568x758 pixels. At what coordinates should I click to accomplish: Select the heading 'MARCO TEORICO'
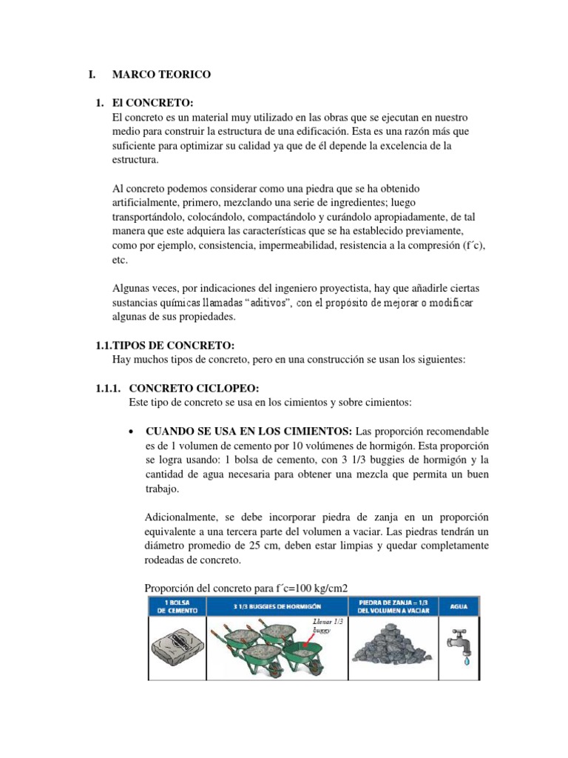point(161,75)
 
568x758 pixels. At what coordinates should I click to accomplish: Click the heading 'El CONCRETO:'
point(152,103)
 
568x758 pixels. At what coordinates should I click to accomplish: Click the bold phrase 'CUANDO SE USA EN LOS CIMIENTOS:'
point(249,431)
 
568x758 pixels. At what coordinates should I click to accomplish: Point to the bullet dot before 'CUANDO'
point(131,432)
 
